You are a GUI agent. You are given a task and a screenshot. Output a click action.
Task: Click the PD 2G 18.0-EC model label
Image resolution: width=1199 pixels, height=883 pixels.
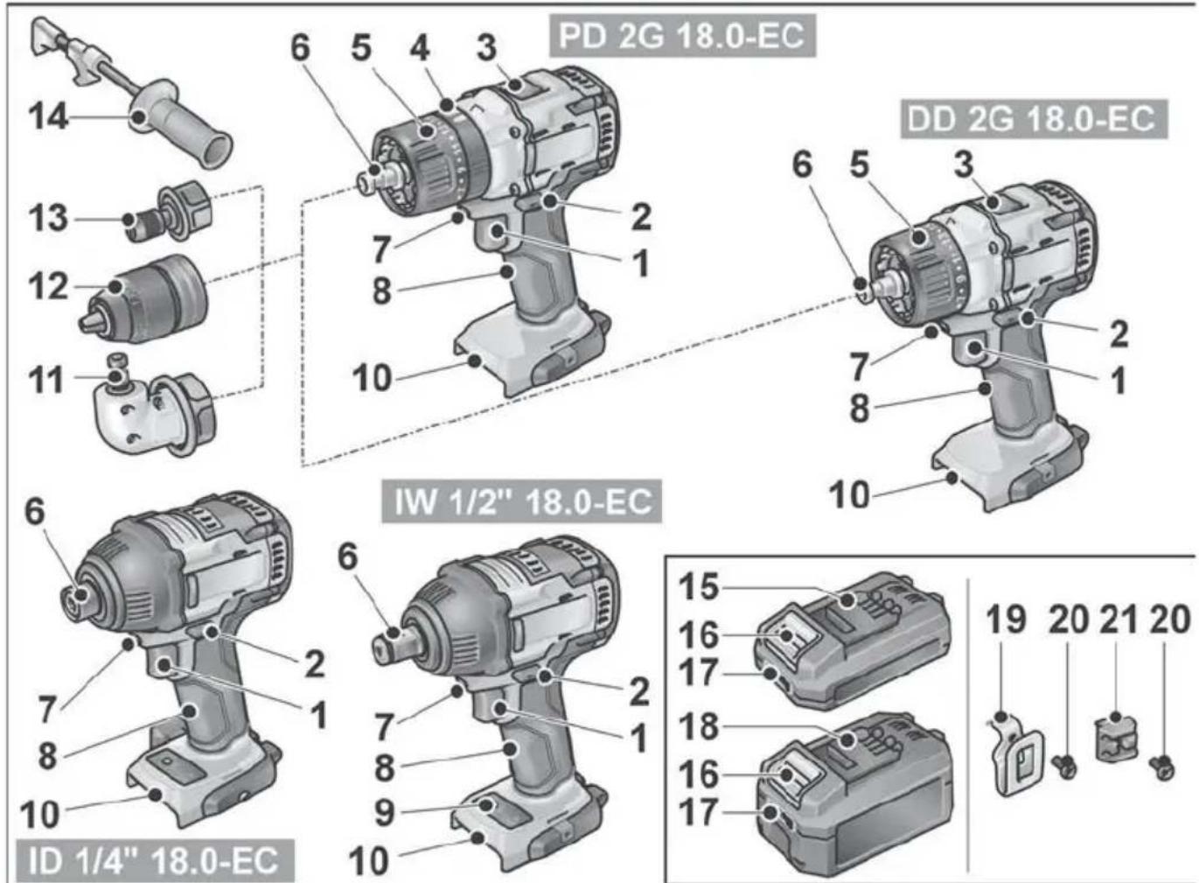(681, 37)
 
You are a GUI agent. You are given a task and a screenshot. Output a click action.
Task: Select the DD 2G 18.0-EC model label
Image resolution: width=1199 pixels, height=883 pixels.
(1033, 118)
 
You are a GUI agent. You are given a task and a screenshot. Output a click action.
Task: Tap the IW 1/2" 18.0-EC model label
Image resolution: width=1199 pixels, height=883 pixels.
(522, 501)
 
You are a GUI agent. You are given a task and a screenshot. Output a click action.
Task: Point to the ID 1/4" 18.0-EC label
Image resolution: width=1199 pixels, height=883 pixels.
(154, 860)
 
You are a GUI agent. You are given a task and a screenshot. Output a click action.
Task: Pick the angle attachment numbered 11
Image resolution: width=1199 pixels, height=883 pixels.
(157, 411)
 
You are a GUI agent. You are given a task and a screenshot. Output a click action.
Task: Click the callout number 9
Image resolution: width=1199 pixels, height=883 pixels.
(385, 811)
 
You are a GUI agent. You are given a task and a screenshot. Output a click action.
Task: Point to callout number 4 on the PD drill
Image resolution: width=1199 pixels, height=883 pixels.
(420, 47)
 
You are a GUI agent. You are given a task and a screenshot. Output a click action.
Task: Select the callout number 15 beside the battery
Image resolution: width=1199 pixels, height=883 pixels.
(699, 586)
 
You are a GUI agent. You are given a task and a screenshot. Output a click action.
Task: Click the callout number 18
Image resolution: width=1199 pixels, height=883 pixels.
(699, 726)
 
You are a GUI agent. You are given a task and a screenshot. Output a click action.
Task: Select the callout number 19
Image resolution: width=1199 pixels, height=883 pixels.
(1006, 620)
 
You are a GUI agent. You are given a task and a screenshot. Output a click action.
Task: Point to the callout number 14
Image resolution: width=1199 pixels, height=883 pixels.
(48, 116)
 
